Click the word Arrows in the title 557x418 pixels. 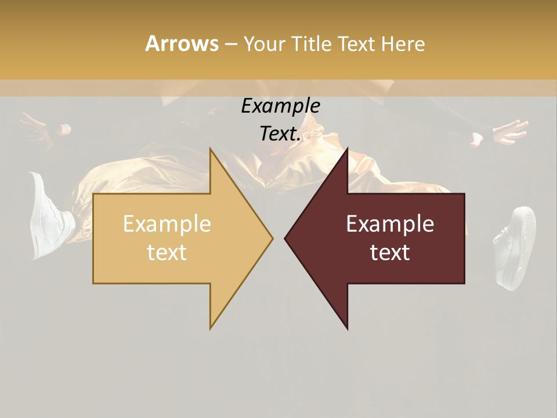pyautogui.click(x=182, y=44)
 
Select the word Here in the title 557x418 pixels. pyautogui.click(x=403, y=44)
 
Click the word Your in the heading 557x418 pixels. pyautogui.click(x=263, y=44)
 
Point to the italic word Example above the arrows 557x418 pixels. pyautogui.click(x=280, y=106)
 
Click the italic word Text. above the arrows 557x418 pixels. pyautogui.click(x=280, y=134)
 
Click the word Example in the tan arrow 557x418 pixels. pyautogui.click(x=167, y=224)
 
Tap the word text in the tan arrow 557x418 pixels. pyautogui.click(x=167, y=253)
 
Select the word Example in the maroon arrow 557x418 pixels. pyautogui.click(x=390, y=224)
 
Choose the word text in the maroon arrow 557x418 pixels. pyautogui.click(x=390, y=253)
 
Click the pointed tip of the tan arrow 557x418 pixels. pyautogui.click(x=272, y=238)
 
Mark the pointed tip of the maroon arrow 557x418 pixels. pyautogui.click(x=285, y=238)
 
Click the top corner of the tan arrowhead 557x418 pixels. pyautogui.click(x=211, y=149)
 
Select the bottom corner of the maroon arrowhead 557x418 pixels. pyautogui.click(x=347, y=328)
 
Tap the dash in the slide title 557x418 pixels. pyautogui.click(x=230, y=44)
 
